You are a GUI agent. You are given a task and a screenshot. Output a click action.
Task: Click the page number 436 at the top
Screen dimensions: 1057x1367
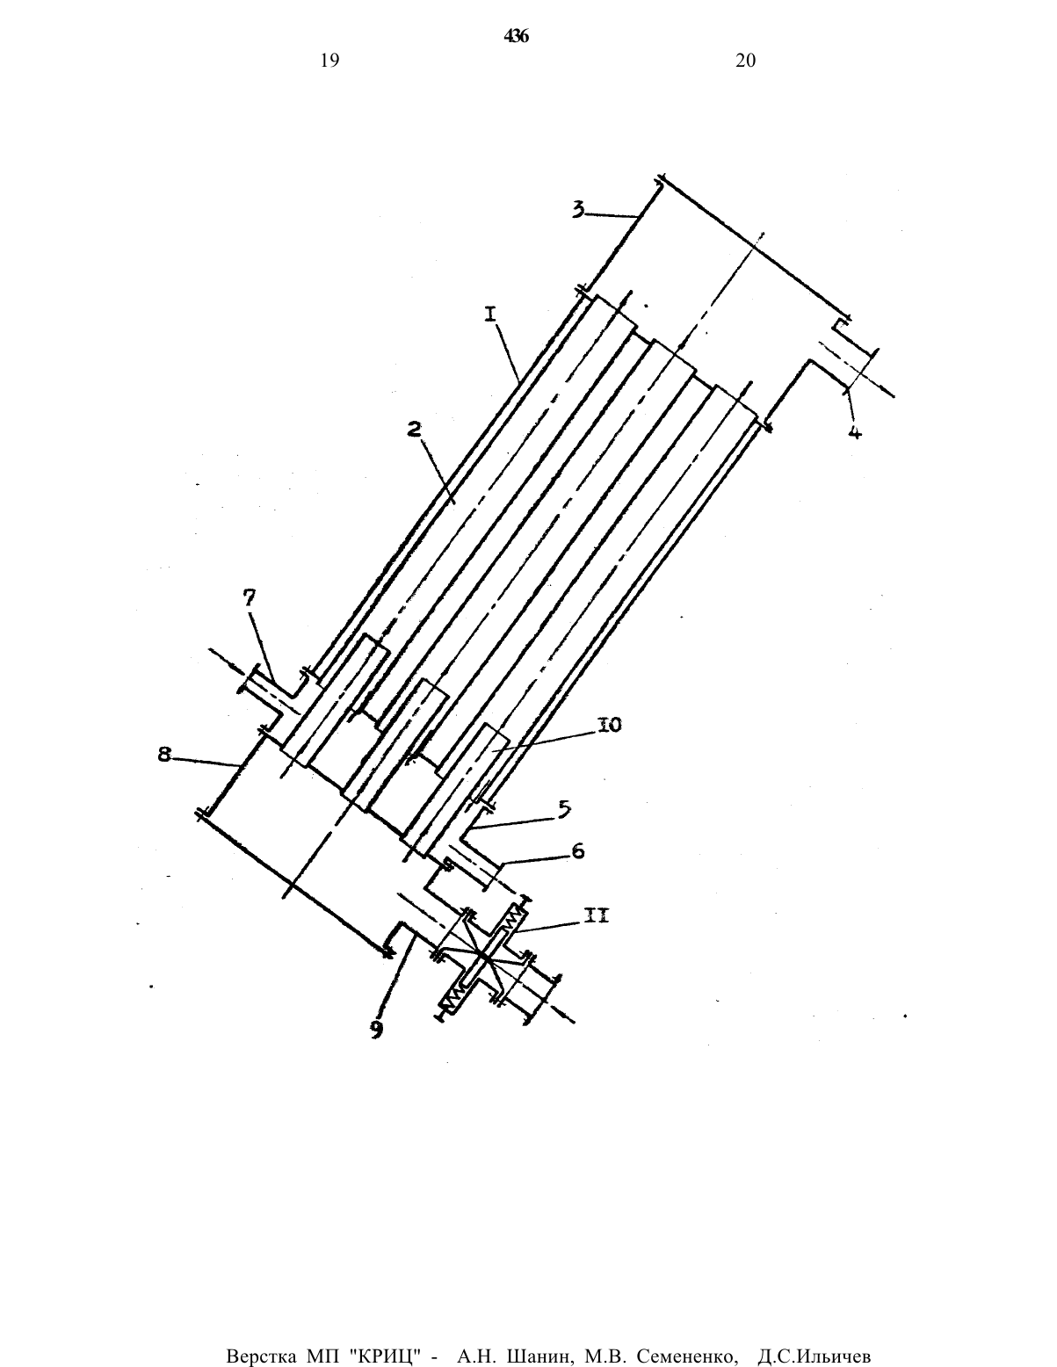click(x=516, y=37)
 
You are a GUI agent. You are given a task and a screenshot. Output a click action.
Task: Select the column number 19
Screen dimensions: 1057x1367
click(x=330, y=61)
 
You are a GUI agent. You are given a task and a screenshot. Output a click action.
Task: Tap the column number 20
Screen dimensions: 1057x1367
click(x=746, y=61)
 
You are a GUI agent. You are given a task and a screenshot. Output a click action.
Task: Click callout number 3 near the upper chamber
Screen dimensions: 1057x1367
click(x=580, y=209)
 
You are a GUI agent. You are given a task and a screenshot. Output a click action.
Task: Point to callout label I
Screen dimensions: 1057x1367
click(x=491, y=314)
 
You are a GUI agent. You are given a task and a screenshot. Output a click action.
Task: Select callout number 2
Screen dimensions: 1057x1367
click(x=414, y=430)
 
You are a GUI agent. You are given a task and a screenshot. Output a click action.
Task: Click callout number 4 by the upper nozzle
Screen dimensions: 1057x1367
click(x=855, y=431)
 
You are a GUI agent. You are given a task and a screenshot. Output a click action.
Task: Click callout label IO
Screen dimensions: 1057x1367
click(x=610, y=725)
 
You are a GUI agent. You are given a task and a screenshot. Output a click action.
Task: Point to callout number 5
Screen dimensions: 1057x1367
click(x=564, y=808)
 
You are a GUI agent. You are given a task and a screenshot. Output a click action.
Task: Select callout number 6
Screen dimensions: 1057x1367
click(x=577, y=852)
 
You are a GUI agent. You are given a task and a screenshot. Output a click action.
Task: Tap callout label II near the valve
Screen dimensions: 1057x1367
click(x=596, y=917)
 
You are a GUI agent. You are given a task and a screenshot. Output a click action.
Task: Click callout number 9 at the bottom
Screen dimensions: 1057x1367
click(x=376, y=1029)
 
